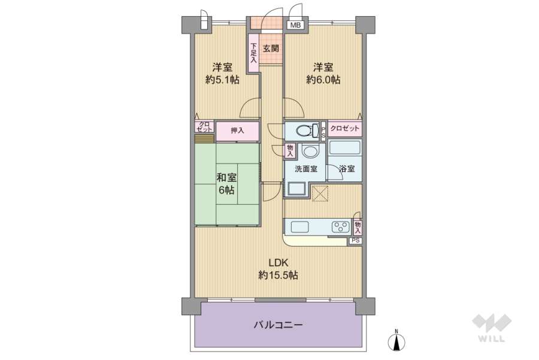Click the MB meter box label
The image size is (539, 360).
tap(296, 25)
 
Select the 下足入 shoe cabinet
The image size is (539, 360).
tap(254, 53)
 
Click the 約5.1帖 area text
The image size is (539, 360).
tap(222, 80)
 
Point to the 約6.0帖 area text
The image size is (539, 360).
tap(323, 80)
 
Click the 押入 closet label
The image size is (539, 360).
tap(237, 130)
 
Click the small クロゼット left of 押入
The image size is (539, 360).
tap(204, 127)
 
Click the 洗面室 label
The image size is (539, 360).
tap(305, 170)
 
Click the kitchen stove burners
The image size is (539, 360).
tap(341, 227)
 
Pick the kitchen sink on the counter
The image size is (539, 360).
tap(299, 227)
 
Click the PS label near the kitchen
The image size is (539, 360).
tap(356, 241)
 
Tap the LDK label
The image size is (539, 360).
tap(278, 262)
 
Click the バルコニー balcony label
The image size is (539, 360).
tap(278, 325)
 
